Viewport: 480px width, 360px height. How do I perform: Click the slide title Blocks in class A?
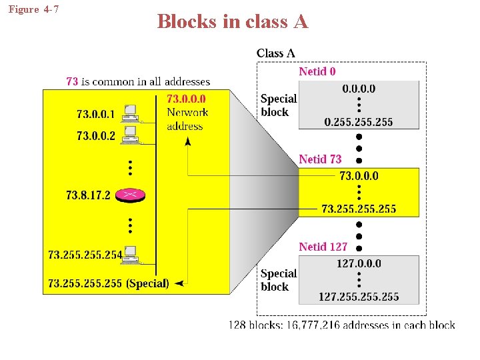coord(233,22)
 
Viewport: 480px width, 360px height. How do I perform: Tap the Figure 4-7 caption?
coord(33,9)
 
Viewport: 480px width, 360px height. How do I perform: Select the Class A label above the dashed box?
coord(275,53)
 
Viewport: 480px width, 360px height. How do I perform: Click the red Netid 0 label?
coord(317,71)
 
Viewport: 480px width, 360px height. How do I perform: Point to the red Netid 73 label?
coord(320,159)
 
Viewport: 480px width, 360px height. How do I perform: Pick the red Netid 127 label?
coord(323,247)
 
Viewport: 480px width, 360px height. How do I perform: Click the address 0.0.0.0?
coord(359,89)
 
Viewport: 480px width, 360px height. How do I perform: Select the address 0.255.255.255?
coord(359,121)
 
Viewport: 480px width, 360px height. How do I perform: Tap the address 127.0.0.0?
coord(359,263)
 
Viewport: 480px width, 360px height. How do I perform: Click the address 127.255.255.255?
coord(359,297)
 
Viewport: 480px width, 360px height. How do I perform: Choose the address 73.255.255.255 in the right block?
coord(359,209)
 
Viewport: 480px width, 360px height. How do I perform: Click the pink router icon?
coord(130,195)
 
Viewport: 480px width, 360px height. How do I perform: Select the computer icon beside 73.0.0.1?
coord(129,113)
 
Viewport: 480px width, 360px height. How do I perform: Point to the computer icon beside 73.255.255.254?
coord(129,254)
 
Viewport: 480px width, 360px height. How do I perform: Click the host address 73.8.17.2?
coord(88,195)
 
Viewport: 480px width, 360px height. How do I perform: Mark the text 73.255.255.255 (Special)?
coord(109,283)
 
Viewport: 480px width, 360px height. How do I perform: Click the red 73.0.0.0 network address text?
coord(186,100)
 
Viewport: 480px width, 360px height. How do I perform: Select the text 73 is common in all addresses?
coord(138,81)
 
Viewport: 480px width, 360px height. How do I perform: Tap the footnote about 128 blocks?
coord(342,325)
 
